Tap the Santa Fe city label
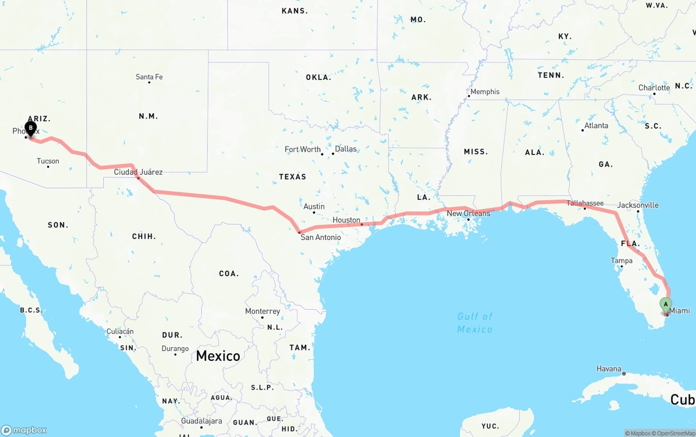click(149, 77)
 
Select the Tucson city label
click(48, 161)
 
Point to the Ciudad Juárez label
click(138, 172)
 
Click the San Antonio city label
click(321, 237)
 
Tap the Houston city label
click(346, 220)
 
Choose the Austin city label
click(314, 206)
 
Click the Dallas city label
click(346, 149)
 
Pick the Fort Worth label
click(302, 149)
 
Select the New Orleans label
click(468, 213)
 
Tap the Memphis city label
click(484, 91)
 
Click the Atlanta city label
click(596, 125)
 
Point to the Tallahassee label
click(585, 203)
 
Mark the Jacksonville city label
click(638, 205)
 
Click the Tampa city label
click(622, 261)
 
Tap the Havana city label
click(608, 368)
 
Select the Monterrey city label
click(262, 311)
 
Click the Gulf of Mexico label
click(475, 323)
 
